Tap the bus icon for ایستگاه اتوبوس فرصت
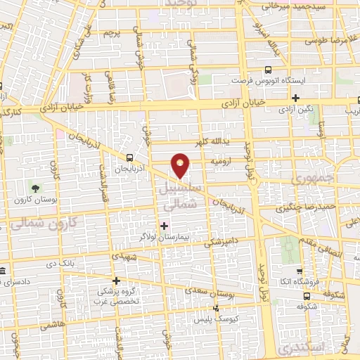click(268, 70)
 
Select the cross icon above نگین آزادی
click(295, 98)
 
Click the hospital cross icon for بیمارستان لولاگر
click(165, 226)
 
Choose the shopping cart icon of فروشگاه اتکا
click(300, 271)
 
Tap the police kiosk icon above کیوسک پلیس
click(216, 307)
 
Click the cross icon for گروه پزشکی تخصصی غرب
click(117, 281)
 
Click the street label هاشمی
click(52, 324)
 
